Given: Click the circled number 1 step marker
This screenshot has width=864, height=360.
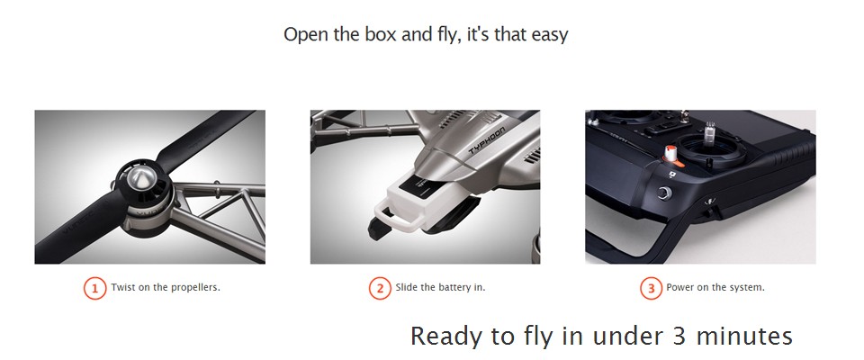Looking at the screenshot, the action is [x=94, y=288].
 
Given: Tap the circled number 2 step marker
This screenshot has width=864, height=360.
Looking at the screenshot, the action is [x=380, y=288].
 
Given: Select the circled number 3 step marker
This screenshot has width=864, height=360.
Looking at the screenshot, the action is [x=651, y=288].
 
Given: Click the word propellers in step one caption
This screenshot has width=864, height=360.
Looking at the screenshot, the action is [x=195, y=288].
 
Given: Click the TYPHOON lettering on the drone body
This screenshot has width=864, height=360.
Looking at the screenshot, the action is [x=487, y=141].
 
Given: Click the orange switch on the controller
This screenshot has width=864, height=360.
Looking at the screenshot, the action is [x=672, y=157].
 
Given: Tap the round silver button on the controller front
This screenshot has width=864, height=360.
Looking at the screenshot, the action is [x=665, y=193].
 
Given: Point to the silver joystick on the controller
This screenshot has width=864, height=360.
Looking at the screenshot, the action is [x=710, y=133].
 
